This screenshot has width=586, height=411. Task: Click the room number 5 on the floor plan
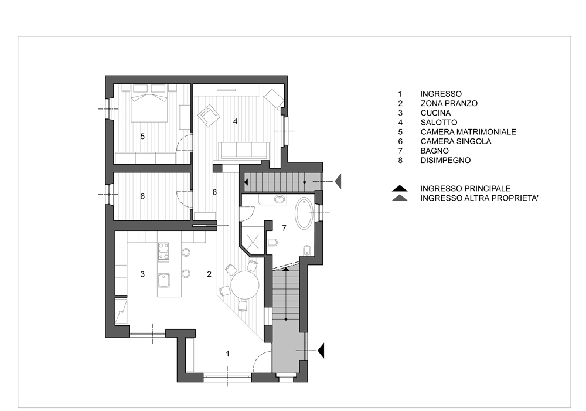point(142,137)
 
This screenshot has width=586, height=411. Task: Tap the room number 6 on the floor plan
point(142,196)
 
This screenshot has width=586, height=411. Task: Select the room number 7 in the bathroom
point(284,227)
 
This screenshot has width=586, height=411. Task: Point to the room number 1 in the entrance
point(227,354)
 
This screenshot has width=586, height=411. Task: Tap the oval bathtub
point(305,213)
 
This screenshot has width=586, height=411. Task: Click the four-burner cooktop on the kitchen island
point(163,252)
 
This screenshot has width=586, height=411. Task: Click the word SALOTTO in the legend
point(438,123)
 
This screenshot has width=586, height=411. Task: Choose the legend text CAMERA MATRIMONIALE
point(468,132)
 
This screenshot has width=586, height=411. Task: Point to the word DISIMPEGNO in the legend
point(445,161)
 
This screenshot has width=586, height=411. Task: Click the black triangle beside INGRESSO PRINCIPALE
point(400,188)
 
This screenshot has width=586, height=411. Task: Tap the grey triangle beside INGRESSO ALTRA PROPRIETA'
point(400,198)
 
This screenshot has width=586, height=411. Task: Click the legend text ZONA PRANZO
point(449,104)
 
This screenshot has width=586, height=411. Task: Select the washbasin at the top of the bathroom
point(280,200)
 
